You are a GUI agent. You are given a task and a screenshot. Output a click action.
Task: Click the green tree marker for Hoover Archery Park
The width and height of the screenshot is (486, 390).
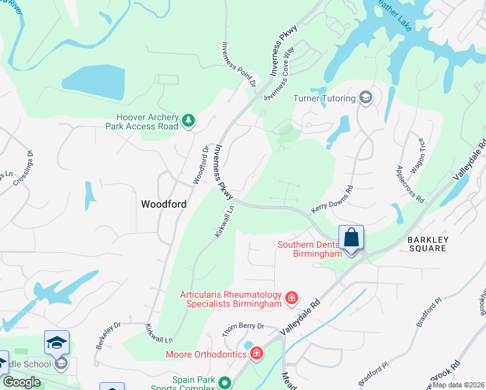click(188, 120)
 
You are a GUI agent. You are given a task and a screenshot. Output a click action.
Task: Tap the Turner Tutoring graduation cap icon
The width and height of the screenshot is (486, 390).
click(365, 98)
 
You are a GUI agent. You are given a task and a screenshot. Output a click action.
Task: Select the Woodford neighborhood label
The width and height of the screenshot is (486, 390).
click(164, 204)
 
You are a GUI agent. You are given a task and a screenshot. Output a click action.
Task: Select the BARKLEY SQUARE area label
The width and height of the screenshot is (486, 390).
click(427, 244)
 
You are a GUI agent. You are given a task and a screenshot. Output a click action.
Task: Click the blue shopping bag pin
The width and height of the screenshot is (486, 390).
click(351, 238)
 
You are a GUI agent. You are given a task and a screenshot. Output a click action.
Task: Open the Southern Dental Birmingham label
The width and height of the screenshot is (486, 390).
click(309, 250)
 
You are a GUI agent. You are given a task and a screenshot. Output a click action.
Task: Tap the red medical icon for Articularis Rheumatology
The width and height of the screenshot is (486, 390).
click(292, 298)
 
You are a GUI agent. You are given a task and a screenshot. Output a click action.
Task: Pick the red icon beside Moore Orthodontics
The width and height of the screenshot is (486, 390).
click(257, 354)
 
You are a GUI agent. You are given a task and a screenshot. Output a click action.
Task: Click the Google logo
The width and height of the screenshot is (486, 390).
click(21, 382)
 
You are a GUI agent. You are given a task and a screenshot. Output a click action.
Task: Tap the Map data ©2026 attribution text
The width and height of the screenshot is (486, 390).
click(457, 385)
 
